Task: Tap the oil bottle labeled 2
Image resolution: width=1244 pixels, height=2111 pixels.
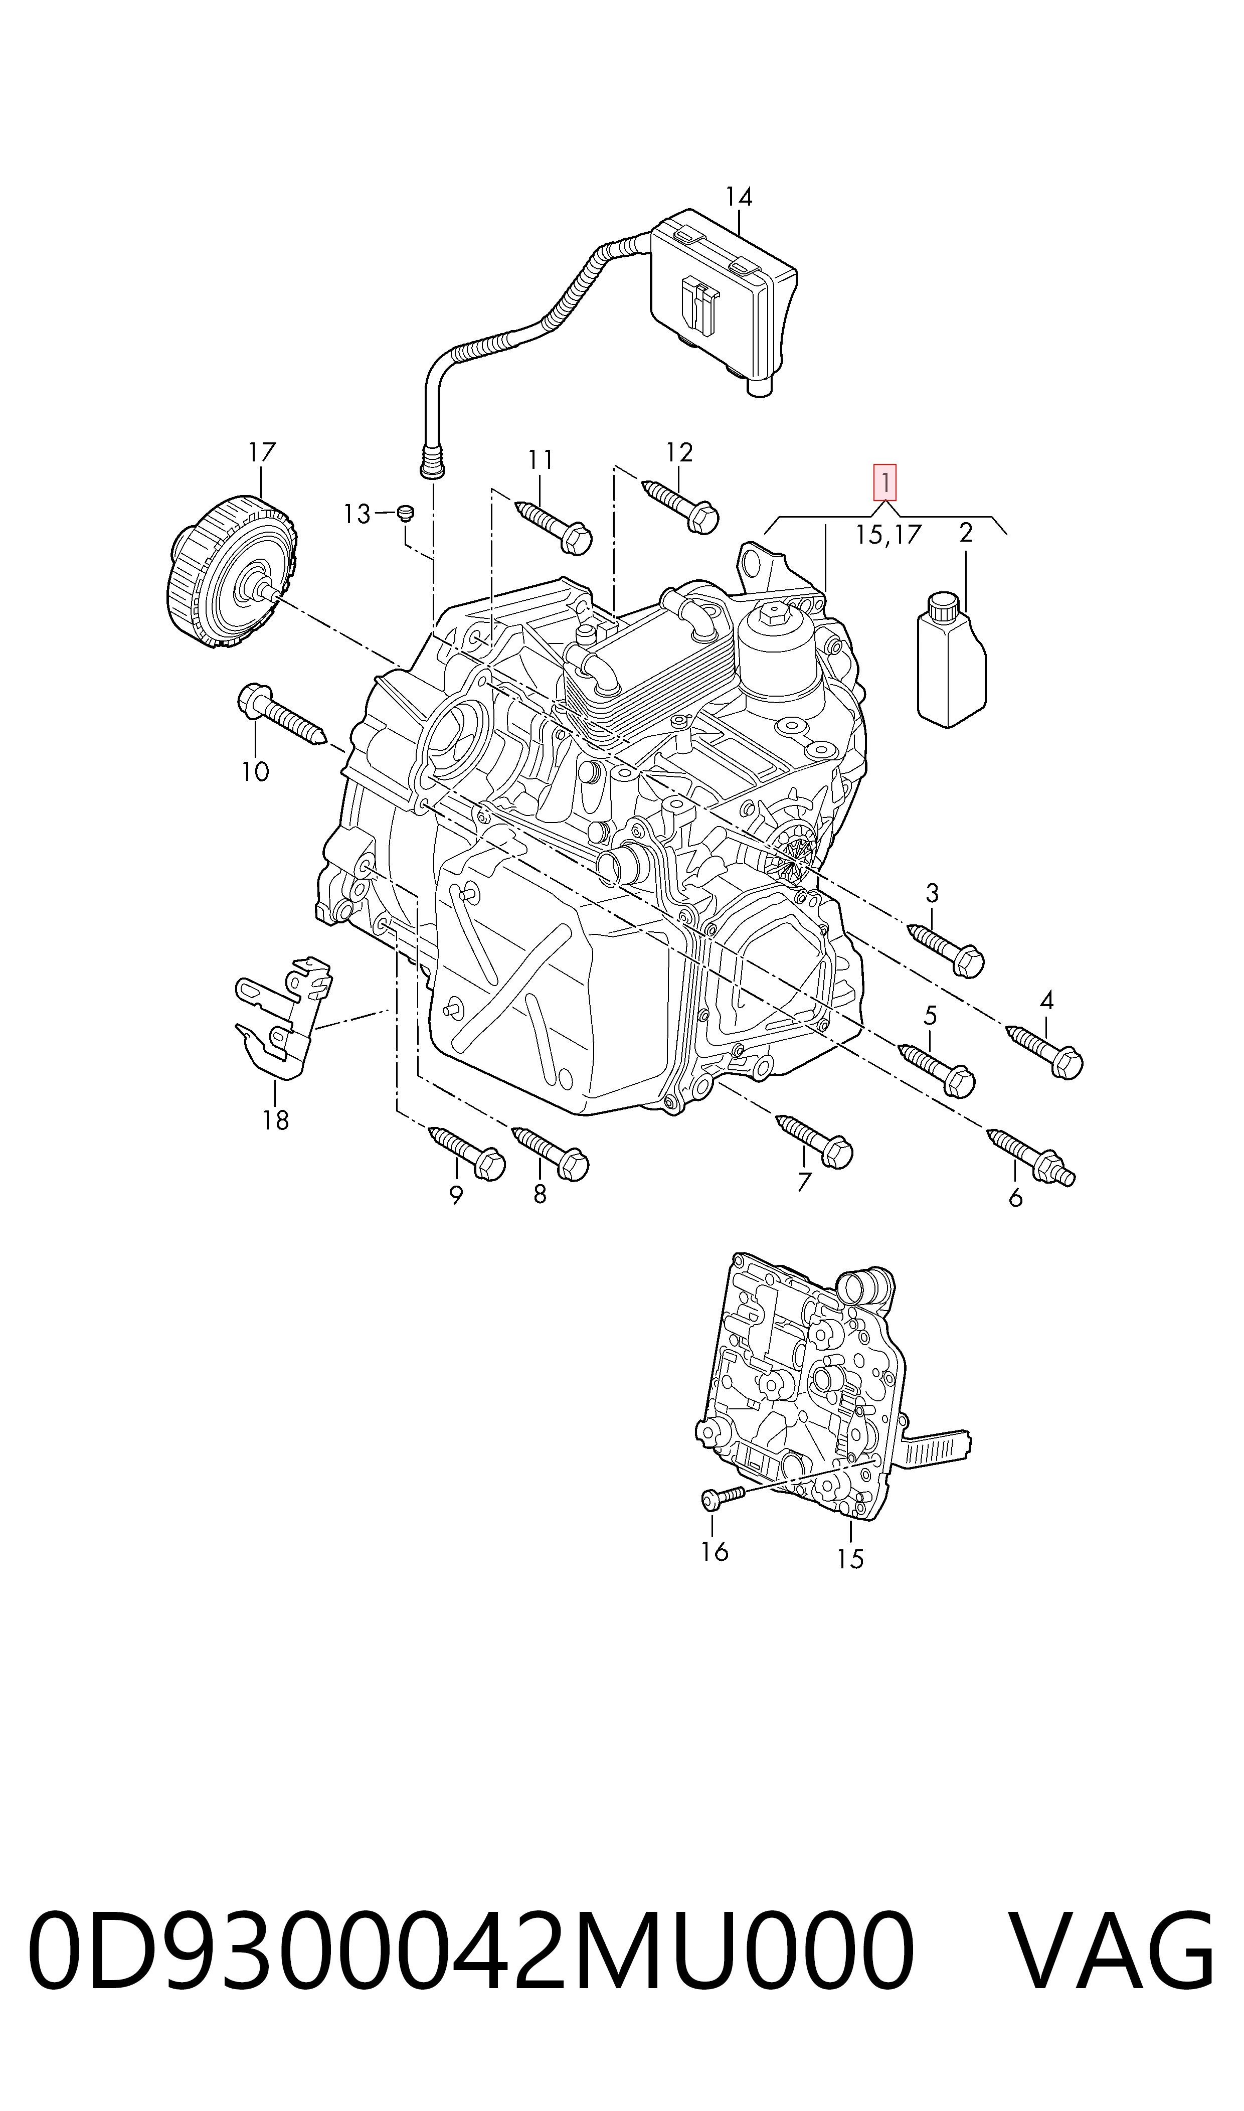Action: (x=951, y=660)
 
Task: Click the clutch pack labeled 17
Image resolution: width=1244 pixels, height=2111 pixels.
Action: (x=231, y=574)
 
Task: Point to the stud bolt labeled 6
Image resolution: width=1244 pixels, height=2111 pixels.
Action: (x=1031, y=1158)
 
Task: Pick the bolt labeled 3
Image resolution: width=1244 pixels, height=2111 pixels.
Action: (x=946, y=949)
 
